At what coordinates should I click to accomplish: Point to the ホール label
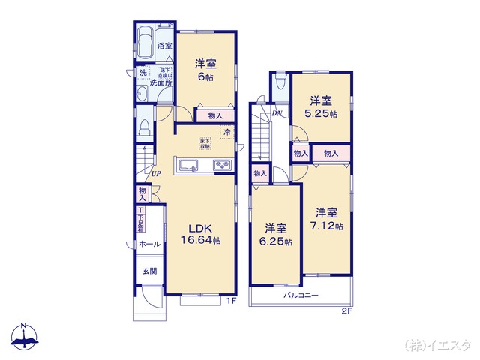pos(148,244)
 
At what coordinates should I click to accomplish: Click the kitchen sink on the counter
pos(187,166)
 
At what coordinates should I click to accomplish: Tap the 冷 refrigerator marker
pos(226,133)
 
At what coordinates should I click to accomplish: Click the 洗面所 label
pos(161,83)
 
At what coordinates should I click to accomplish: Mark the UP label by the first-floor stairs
pos(156,175)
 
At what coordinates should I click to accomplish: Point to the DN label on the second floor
pos(277,113)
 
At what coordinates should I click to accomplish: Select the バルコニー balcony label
pos(301,295)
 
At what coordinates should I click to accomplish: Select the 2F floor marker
pos(346,310)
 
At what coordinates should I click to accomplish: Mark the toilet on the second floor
pos(280,82)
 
